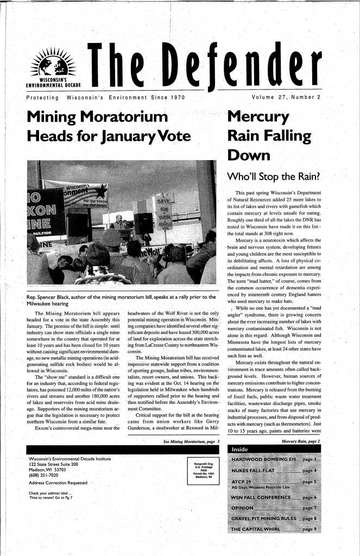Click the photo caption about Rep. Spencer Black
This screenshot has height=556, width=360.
pos(116,300)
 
